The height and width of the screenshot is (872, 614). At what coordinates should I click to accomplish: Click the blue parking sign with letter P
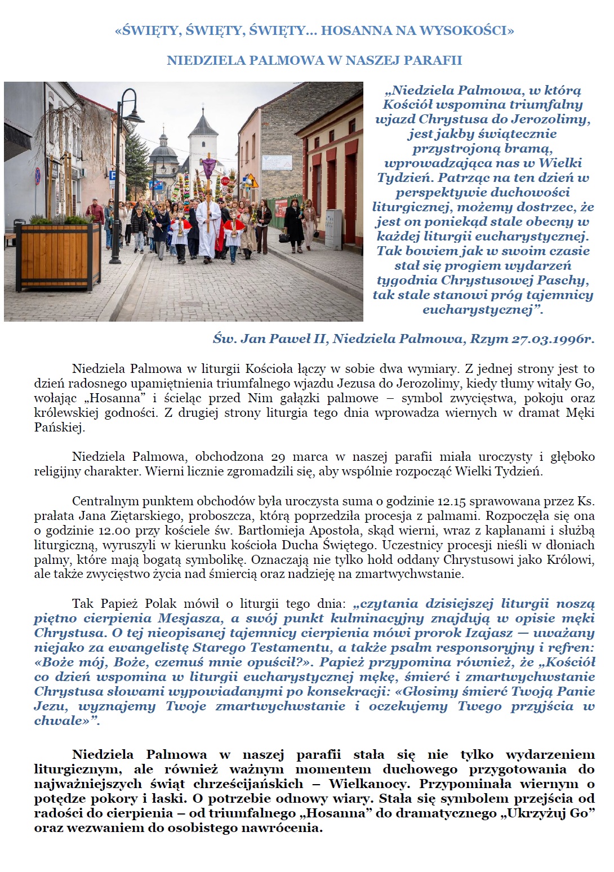point(112,176)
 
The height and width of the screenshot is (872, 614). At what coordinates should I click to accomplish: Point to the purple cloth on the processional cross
point(209,167)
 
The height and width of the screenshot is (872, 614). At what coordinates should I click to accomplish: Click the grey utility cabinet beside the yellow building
point(333,229)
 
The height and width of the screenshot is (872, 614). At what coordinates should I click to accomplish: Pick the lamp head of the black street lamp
point(134,116)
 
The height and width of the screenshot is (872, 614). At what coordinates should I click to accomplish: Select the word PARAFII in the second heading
point(435,60)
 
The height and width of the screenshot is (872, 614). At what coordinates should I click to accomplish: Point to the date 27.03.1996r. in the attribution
point(553,339)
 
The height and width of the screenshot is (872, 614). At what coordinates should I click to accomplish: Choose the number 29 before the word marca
point(278,456)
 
